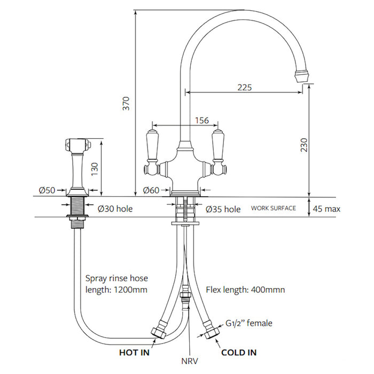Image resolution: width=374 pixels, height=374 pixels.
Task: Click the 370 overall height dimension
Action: click(x=126, y=104)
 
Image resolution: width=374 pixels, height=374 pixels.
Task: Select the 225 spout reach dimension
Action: click(x=245, y=88)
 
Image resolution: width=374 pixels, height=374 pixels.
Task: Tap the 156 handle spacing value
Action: click(x=202, y=120)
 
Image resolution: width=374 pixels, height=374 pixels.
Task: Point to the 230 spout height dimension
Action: click(x=304, y=145)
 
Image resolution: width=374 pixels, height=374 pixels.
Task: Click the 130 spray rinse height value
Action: click(x=95, y=169)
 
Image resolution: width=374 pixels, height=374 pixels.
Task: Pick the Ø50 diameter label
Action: click(x=47, y=190)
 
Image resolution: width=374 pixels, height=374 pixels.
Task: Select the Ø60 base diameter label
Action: click(x=151, y=190)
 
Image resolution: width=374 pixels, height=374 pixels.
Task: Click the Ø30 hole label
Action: click(x=115, y=209)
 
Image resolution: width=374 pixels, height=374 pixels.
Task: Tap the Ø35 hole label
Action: click(x=223, y=209)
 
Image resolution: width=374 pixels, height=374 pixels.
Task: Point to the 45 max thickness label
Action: click(x=326, y=209)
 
